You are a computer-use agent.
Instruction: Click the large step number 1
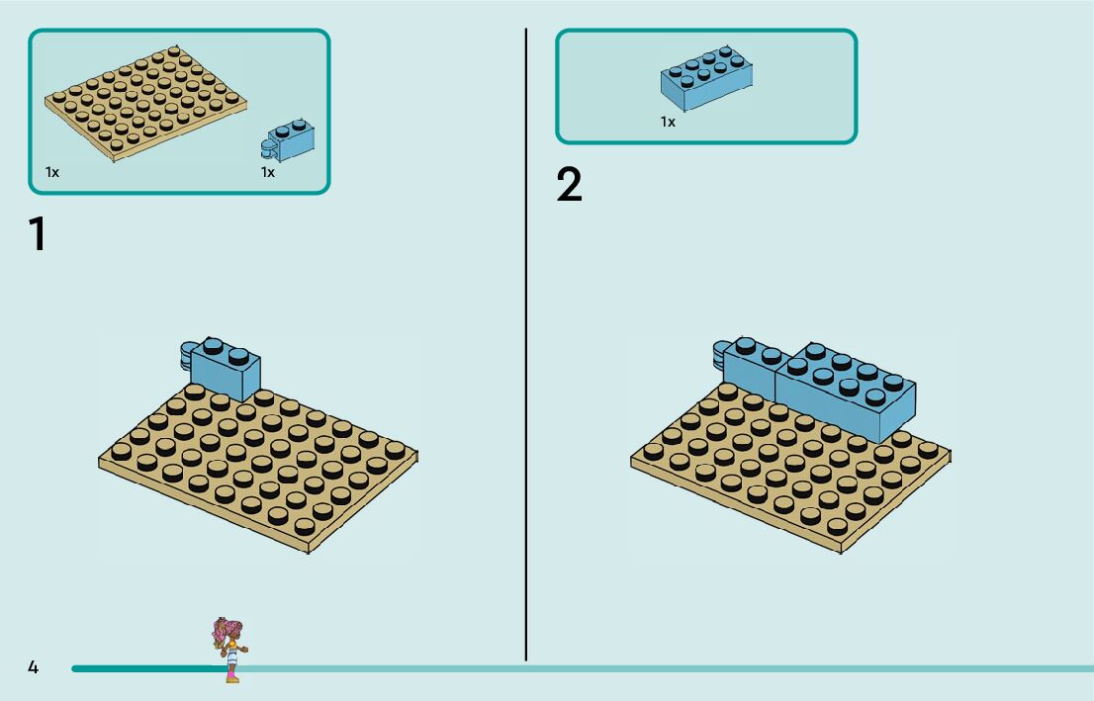pos(38,235)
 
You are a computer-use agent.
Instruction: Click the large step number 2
pos(570,185)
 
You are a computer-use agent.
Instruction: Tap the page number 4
pos(33,667)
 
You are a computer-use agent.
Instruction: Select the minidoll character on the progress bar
pos(229,649)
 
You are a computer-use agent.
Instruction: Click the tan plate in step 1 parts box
pos(145,103)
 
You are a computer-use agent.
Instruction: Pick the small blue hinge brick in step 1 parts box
pos(289,140)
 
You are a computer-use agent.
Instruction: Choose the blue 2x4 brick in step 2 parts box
pos(706,77)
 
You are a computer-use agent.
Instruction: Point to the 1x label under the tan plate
pos(52,172)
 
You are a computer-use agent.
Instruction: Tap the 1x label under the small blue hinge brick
pos(268,172)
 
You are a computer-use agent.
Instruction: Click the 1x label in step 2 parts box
pos(668,123)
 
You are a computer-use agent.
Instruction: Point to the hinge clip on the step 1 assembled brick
pos(188,356)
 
